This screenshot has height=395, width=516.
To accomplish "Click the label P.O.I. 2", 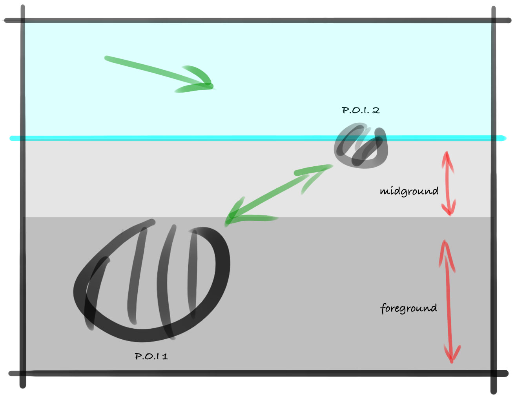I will [361, 110].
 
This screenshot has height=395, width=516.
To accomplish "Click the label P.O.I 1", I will [151, 356].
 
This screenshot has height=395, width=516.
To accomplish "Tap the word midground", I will [409, 191].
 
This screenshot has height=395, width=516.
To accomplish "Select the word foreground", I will [408, 308].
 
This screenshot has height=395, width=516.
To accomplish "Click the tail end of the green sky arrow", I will [107, 58].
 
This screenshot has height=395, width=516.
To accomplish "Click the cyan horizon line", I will [196, 138].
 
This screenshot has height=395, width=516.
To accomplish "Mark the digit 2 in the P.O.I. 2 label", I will [376, 110].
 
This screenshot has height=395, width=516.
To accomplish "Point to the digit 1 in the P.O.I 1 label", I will [165, 357].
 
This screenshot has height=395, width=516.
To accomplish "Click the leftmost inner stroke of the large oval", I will [96, 290].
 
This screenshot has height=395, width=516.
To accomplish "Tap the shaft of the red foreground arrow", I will [448, 302].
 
